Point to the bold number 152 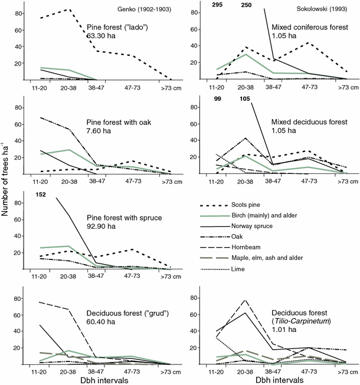point(41,195)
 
